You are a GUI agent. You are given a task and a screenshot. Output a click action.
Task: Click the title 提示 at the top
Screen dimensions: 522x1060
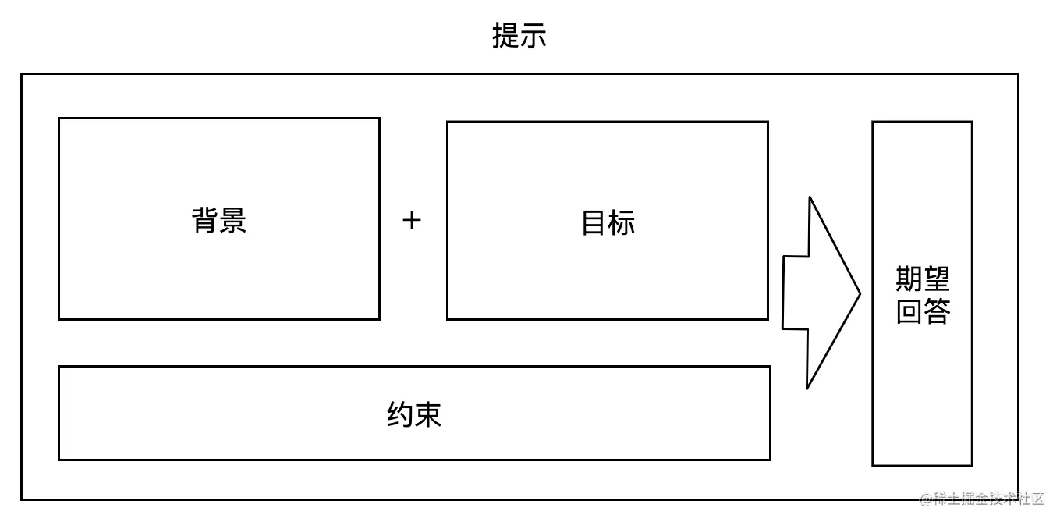pos(519,36)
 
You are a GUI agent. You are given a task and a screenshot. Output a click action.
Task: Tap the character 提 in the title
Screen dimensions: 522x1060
pos(505,36)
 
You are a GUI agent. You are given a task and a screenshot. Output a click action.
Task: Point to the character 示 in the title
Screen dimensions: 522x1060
pos(533,36)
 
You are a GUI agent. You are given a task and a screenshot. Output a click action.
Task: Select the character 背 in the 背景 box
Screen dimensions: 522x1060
pos(205,221)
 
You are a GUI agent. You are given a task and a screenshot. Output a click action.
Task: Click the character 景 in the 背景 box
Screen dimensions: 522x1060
pos(233,221)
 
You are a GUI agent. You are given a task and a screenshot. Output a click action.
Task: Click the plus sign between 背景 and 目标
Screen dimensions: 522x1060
pos(412,221)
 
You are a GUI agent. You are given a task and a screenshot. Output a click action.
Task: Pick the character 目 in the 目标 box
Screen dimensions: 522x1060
pos(594,223)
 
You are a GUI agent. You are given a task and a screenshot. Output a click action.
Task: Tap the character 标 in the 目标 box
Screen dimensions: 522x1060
pos(622,223)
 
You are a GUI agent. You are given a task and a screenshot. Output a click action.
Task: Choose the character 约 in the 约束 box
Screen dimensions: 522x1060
pos(400,414)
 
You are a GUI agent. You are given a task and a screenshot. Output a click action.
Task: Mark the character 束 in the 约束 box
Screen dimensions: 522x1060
pos(428,414)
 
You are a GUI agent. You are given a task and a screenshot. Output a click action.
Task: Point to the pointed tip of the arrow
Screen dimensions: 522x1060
pos(858,294)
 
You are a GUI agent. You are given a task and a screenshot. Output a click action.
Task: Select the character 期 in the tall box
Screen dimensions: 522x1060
pos(909,279)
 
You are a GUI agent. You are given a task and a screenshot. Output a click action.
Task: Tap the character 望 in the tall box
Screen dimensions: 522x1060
pos(937,279)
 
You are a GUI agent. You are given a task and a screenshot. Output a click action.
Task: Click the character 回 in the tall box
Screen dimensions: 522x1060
pos(909,311)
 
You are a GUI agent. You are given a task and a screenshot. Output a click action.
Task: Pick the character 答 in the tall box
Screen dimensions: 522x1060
pos(937,311)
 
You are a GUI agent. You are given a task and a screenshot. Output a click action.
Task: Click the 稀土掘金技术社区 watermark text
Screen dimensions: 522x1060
pos(989,499)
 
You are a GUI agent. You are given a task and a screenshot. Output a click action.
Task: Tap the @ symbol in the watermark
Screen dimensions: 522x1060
pos(927,499)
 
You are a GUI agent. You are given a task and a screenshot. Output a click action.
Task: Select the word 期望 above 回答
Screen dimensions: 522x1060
pos(923,279)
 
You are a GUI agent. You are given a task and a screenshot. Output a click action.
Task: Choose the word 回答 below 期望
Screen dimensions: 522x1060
pos(923,311)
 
